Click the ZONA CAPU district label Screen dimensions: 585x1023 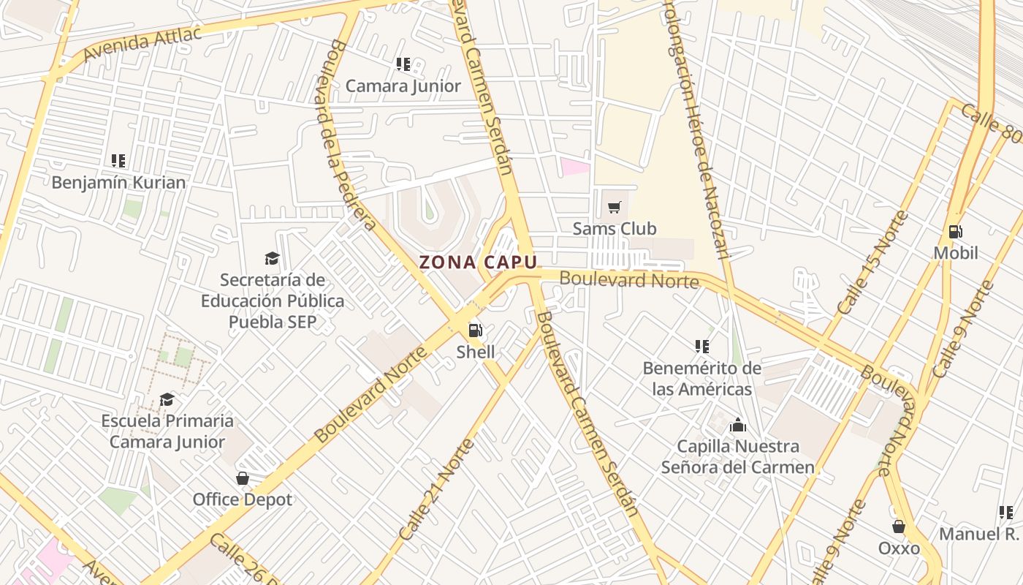(x=478, y=263)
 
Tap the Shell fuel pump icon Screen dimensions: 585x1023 (x=476, y=331)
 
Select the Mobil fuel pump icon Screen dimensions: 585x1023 (x=955, y=232)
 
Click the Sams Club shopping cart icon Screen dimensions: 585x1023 (x=615, y=208)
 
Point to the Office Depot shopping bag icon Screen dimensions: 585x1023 (x=243, y=478)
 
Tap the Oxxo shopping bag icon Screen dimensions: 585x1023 (x=899, y=526)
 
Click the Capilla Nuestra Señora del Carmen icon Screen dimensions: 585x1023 (x=738, y=425)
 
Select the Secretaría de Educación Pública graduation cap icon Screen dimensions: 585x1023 (x=272, y=258)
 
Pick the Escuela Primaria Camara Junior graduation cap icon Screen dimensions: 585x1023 (x=167, y=399)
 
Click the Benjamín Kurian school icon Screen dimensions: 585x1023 (x=118, y=161)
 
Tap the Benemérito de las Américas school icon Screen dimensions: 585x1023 (x=702, y=347)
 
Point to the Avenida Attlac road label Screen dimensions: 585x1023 (x=142, y=45)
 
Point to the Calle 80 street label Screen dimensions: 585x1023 (x=991, y=124)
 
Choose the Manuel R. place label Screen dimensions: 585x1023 (x=978, y=534)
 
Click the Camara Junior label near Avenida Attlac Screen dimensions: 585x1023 (x=403, y=86)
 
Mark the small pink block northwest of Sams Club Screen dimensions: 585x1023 (x=575, y=166)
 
